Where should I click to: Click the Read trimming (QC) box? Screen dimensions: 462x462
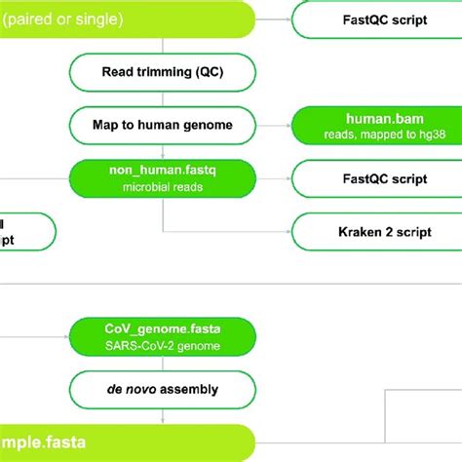point(162,70)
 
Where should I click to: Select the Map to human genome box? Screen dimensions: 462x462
point(162,124)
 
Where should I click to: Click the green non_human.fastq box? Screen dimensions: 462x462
point(162,177)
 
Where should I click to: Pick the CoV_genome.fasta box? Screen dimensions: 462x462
point(162,336)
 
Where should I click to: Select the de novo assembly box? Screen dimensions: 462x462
point(162,390)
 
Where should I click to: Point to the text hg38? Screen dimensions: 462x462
point(402,134)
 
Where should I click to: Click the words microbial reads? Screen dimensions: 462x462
point(162,186)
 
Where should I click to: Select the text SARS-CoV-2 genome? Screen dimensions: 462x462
point(162,346)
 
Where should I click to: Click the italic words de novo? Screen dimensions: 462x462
point(129,390)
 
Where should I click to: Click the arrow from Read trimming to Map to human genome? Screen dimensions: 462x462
point(162,97)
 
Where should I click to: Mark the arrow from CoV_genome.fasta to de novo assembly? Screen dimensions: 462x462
point(162,364)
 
